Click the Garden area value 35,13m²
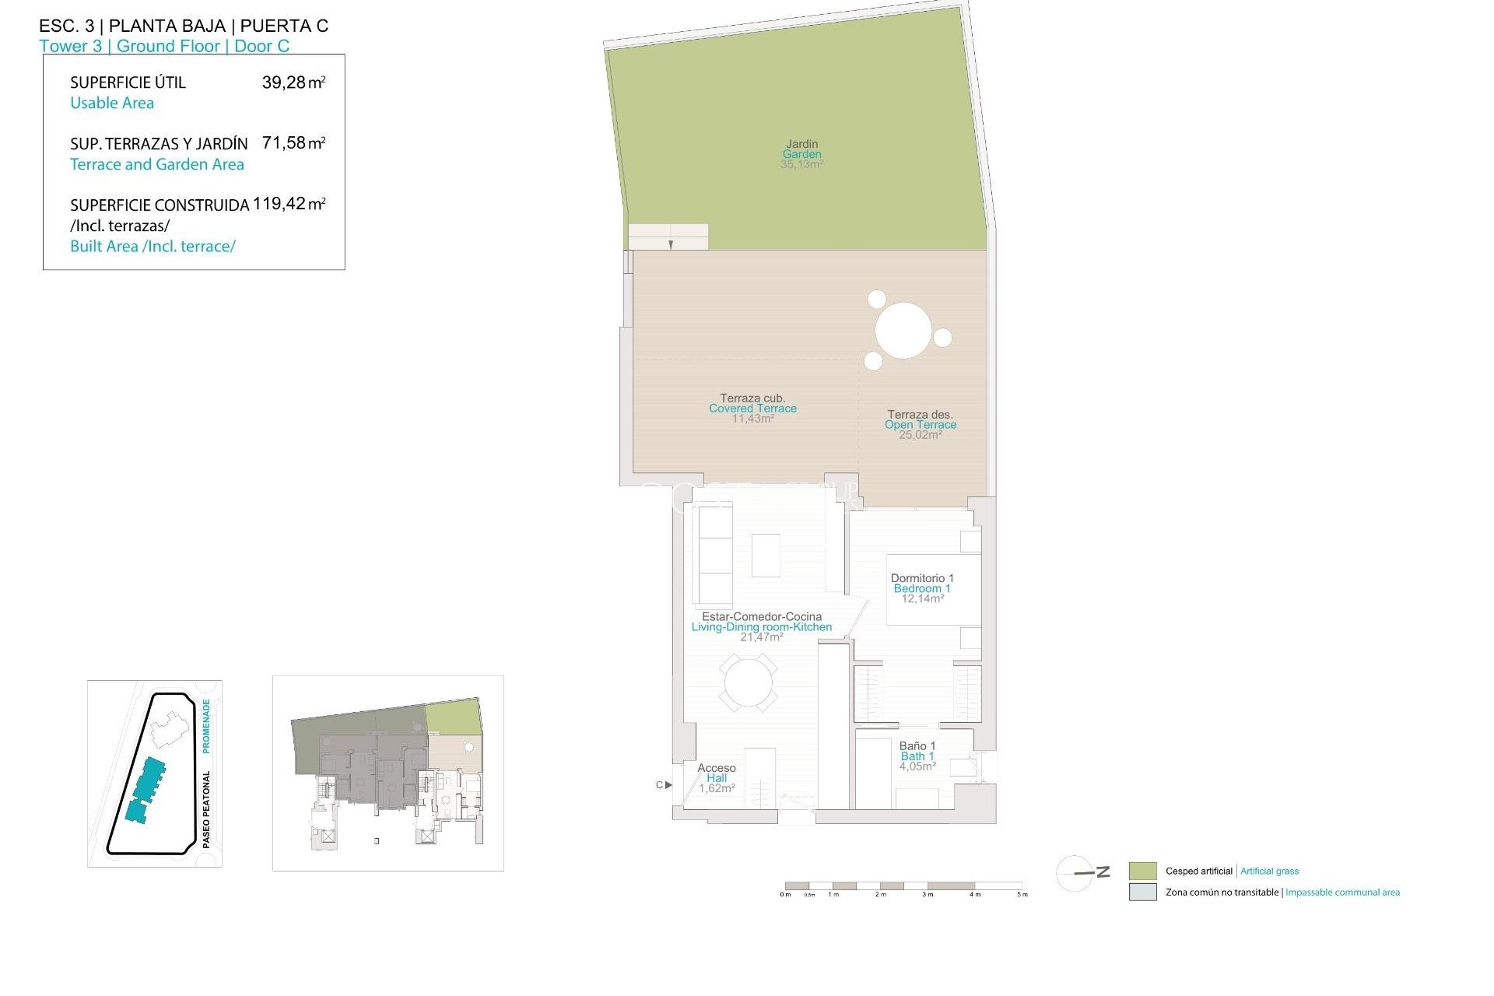801,165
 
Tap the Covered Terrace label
752,409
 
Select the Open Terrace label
921,425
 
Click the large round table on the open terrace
903,331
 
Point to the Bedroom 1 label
922,589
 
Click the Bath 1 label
917,756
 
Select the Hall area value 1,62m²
717,788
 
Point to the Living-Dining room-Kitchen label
762,627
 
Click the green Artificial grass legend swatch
1142,871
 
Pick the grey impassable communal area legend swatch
1142,893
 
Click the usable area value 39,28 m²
293,82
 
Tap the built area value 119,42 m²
289,204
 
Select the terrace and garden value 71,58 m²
293,143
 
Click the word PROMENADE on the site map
206,725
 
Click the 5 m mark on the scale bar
1022,894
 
